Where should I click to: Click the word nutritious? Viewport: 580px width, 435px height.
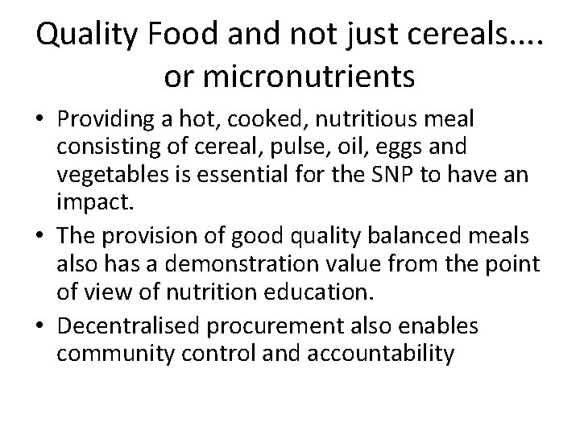tap(374, 120)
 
